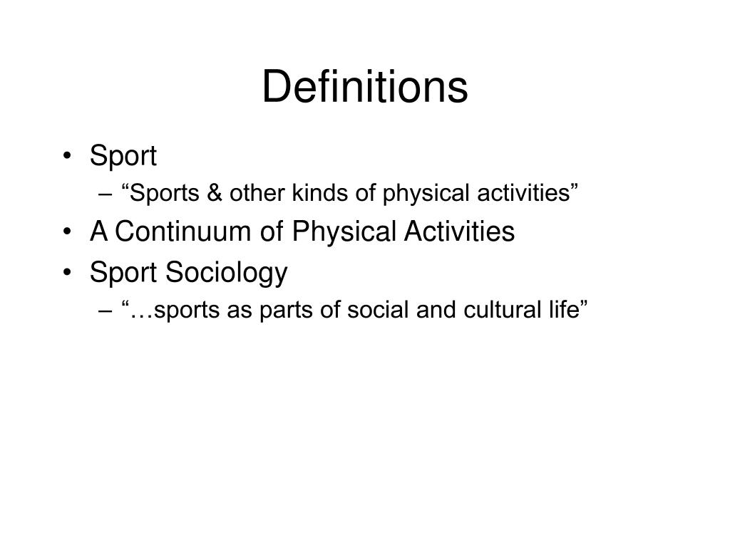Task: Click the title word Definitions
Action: (x=365, y=87)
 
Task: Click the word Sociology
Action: (x=227, y=273)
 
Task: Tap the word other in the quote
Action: (x=252, y=193)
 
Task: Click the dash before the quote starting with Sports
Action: (x=107, y=194)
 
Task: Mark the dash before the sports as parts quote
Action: (x=107, y=312)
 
